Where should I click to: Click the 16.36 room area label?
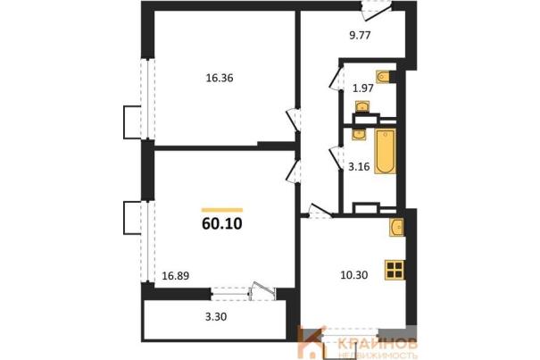click(220, 79)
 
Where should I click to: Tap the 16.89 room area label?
click(176, 276)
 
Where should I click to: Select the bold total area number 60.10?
click(222, 224)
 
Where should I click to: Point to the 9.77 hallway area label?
click(360, 35)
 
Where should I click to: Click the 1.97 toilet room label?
click(363, 88)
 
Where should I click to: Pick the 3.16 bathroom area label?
click(359, 167)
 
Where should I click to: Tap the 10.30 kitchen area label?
click(353, 275)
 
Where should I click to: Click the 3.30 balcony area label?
click(216, 316)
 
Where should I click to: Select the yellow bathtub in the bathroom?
click(386, 152)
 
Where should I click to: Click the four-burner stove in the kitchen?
click(395, 270)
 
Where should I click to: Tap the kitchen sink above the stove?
click(396, 227)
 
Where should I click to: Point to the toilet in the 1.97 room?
click(383, 77)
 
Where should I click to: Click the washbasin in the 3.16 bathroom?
click(359, 134)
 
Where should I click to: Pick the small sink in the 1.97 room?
click(362, 106)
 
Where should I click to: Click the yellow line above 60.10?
click(222, 210)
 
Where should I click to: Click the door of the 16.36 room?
click(294, 120)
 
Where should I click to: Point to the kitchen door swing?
click(320, 211)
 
